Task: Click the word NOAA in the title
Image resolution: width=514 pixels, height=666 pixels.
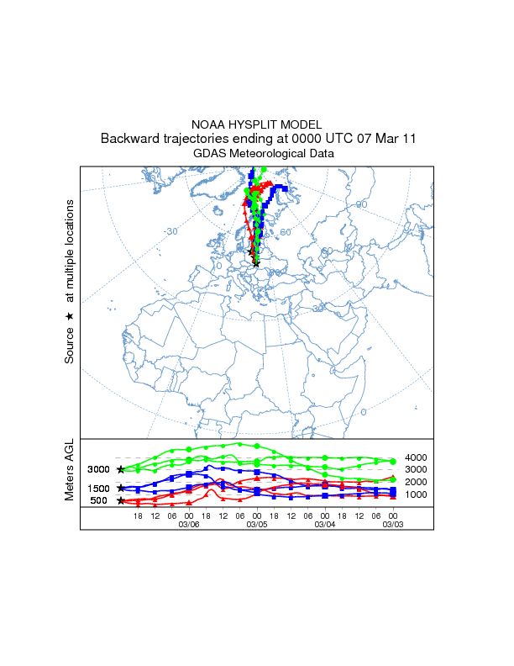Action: (208, 124)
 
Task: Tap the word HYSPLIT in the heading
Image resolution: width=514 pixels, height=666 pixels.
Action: (254, 124)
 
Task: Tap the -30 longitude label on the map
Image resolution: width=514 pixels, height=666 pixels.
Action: (171, 231)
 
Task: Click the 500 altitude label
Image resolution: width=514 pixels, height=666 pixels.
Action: (99, 501)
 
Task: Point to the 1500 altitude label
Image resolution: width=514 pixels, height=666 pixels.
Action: (99, 489)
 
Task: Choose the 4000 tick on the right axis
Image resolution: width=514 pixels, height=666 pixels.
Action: (416, 457)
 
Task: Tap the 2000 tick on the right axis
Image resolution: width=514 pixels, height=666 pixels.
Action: (416, 482)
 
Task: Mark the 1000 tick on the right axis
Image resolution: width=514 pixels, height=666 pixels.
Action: (416, 494)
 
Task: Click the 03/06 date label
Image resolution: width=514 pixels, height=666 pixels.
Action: (189, 524)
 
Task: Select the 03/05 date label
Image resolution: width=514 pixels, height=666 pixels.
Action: (257, 524)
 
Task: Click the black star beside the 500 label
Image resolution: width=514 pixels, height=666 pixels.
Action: (121, 501)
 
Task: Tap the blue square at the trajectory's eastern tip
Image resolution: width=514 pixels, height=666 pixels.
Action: (295, 189)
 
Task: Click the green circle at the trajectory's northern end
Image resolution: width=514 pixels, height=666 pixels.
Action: (264, 169)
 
